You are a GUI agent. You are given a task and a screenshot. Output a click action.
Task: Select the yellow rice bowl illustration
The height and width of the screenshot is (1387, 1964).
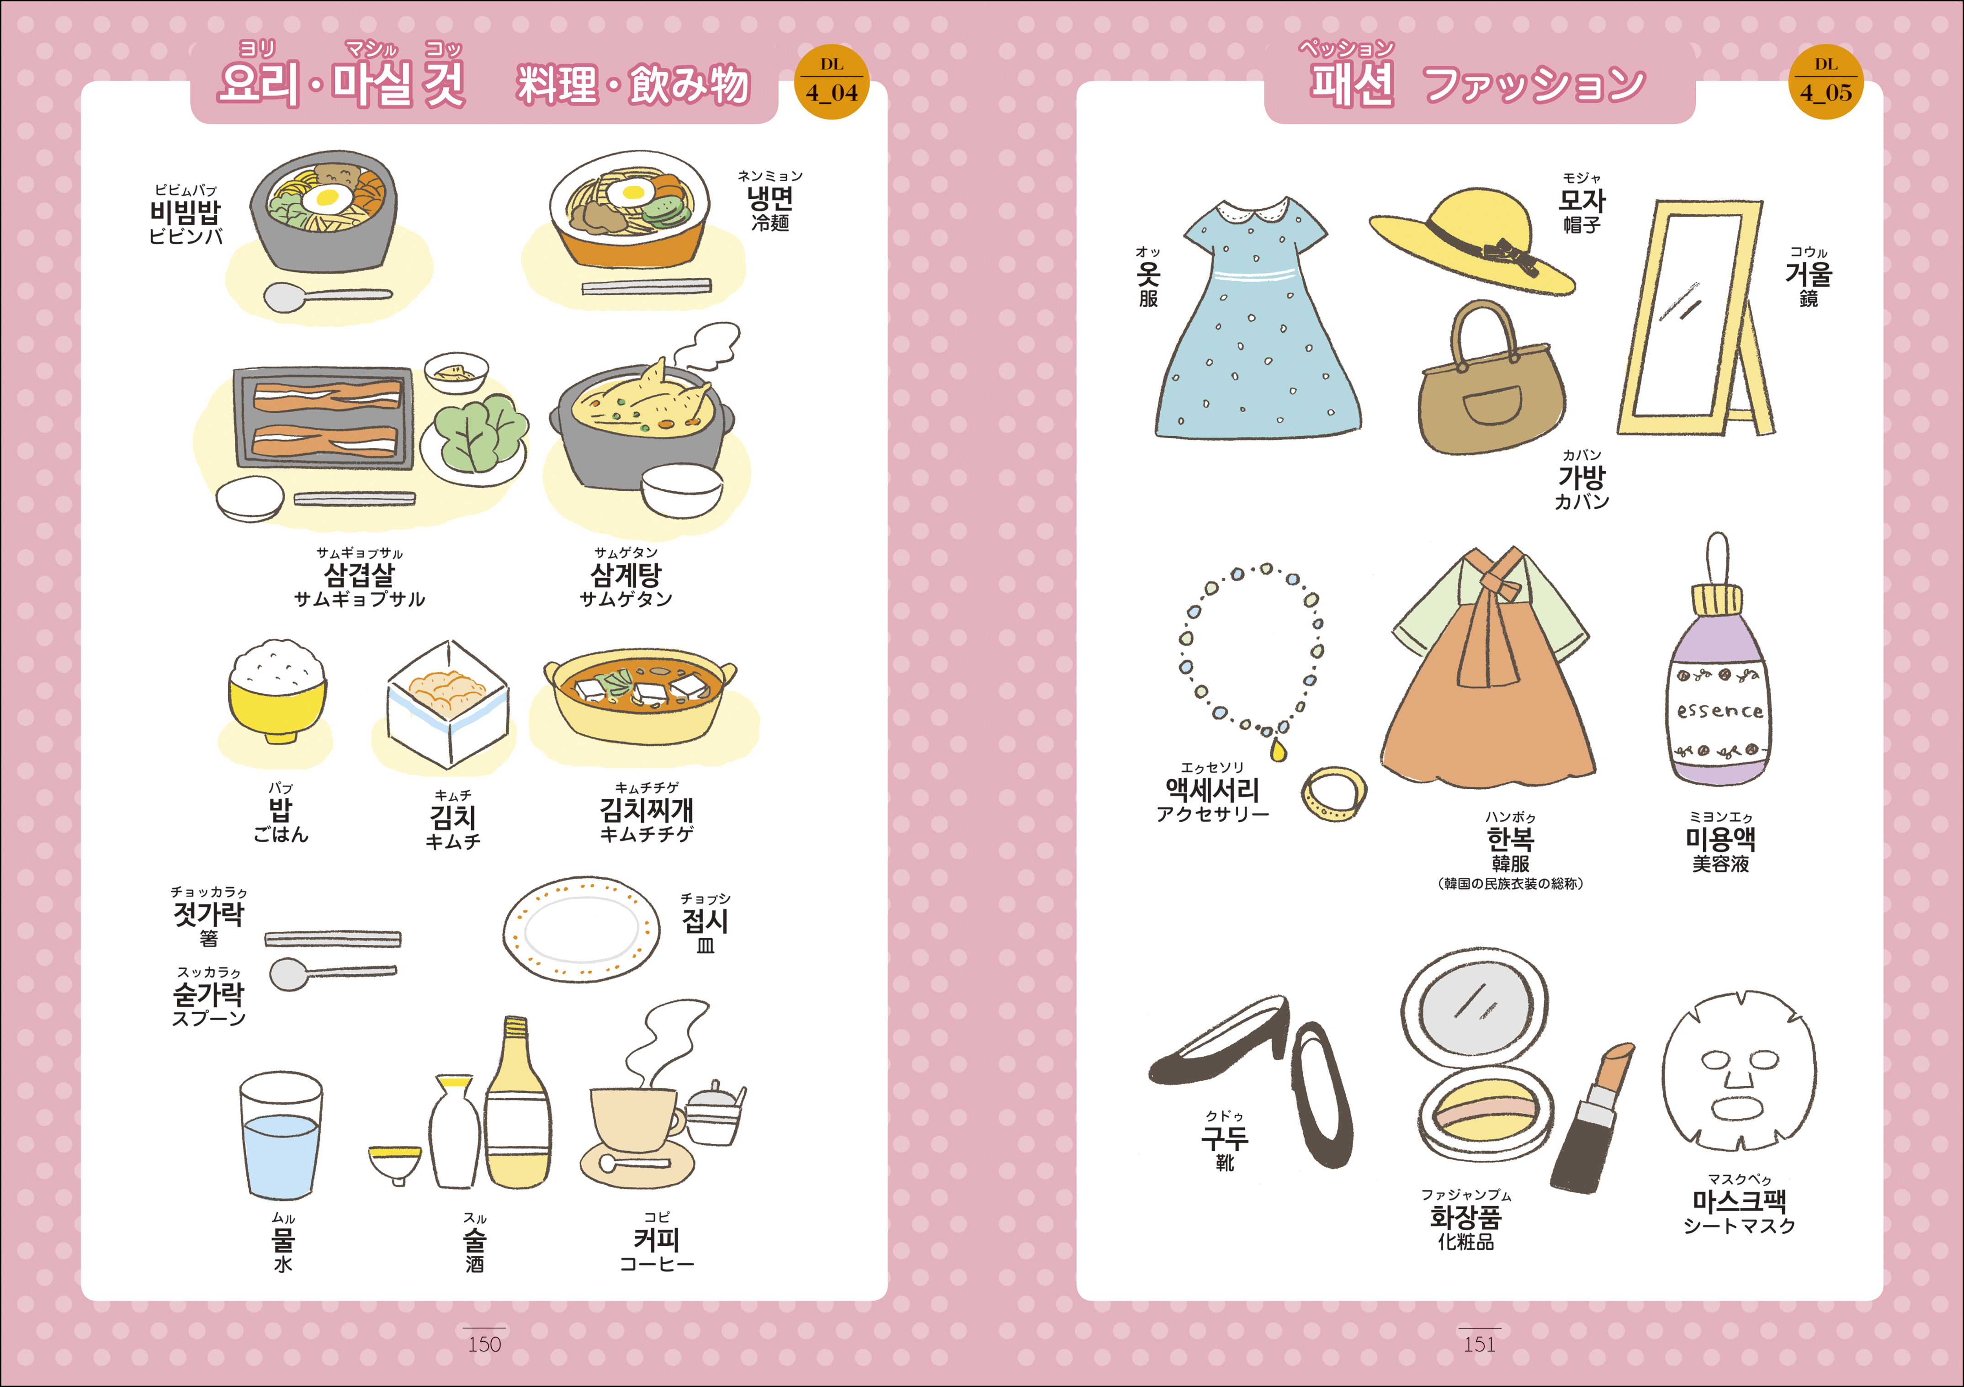(277, 691)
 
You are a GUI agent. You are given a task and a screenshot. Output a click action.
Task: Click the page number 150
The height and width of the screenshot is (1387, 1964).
(484, 1344)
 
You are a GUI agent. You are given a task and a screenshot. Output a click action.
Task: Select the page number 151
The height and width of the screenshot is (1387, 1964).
(1479, 1344)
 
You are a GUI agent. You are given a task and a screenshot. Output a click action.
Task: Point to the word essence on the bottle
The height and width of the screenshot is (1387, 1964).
(1720, 710)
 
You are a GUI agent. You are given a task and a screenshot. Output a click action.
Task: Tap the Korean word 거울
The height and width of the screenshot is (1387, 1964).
(1808, 274)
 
